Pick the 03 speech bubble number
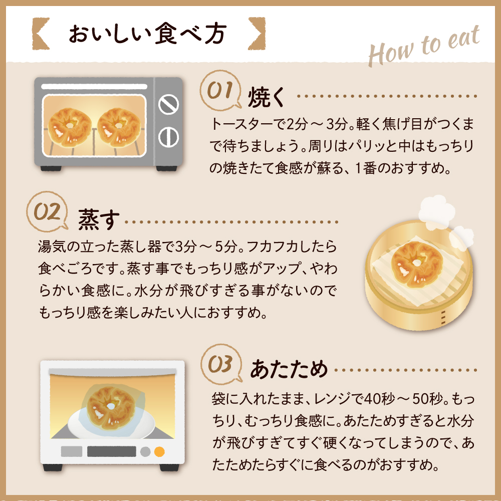[x=221, y=364]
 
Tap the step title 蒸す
[x=99, y=220]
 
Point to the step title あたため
[x=289, y=370]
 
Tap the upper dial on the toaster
[x=168, y=104]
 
